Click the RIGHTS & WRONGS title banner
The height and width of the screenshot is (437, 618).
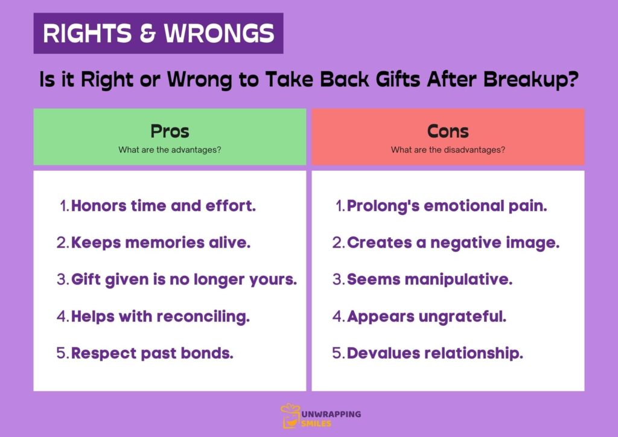158,33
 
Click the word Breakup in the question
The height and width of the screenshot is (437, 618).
523,80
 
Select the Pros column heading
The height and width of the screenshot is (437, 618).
170,131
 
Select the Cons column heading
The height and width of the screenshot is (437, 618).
448,131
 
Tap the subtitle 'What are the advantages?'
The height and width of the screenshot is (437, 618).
170,150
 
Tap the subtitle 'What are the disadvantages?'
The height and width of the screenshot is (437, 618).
448,150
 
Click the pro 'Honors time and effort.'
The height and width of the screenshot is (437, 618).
164,206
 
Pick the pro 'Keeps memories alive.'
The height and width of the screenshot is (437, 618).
161,243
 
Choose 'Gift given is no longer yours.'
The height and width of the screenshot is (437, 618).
184,279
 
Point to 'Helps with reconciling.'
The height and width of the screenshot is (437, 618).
161,316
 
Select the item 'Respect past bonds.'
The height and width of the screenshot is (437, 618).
152,353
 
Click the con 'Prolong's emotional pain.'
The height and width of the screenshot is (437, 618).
447,206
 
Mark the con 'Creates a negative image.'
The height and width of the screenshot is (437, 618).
453,243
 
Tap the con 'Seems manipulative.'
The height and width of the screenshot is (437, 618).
430,279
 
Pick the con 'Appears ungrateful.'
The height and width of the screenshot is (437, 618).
427,316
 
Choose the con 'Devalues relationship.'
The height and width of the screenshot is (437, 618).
435,353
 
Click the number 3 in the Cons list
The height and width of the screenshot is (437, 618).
337,279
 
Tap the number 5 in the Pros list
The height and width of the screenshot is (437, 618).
62,353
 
